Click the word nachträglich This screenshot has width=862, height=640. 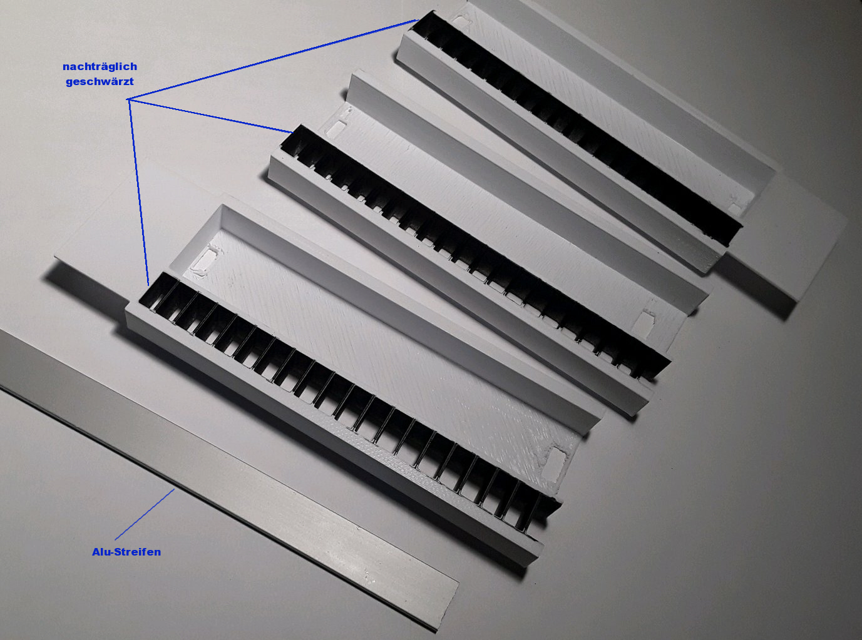pyautogui.click(x=100, y=67)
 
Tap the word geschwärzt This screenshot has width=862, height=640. pyautogui.click(x=100, y=81)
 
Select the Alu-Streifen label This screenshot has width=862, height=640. pyautogui.click(x=126, y=552)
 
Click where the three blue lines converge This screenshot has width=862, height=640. pyautogui.click(x=128, y=99)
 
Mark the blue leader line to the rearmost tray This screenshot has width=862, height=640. pyautogui.click(x=273, y=59)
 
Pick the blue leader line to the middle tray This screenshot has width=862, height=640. pyautogui.click(x=210, y=116)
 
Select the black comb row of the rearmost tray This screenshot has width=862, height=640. pyautogui.click(x=577, y=128)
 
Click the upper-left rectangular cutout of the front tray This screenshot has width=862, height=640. pyautogui.click(x=207, y=259)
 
